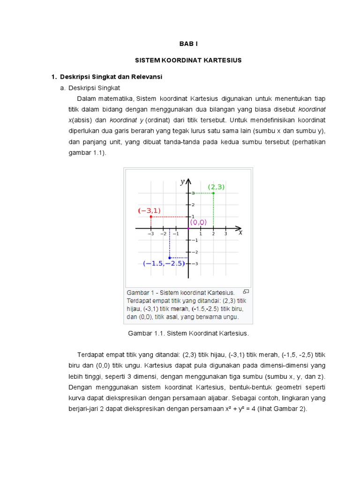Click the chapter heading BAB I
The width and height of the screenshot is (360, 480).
pos(189,44)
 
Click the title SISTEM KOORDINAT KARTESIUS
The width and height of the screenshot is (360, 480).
pos(188,60)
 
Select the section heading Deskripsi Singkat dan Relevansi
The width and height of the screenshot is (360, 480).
pos(111,76)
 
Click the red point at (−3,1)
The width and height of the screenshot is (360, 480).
pos(150,217)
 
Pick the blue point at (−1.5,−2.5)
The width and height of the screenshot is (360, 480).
pos(170,258)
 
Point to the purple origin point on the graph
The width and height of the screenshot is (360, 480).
pos(188,229)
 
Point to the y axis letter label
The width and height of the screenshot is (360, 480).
pos(183,182)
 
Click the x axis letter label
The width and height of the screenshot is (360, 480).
pos(240,232)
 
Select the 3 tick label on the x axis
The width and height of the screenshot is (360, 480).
pos(225,233)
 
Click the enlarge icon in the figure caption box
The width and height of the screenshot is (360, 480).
pos(246,291)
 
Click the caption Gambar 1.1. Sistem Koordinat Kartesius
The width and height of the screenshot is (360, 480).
pos(188,333)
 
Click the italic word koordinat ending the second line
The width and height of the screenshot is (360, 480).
pos(312,109)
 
